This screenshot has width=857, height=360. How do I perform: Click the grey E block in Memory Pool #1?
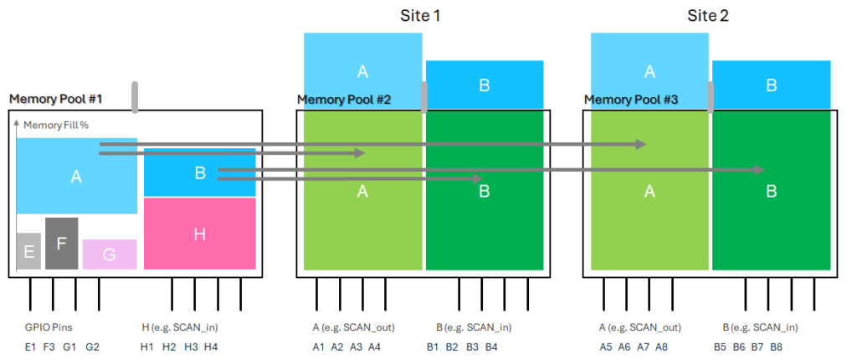[28, 251]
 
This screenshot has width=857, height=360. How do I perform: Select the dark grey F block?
[62, 244]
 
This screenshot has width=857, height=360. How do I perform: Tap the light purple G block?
[109, 255]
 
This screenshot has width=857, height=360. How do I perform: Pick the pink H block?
[199, 234]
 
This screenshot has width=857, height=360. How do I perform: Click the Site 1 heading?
[423, 15]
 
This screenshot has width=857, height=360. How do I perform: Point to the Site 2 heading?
[711, 15]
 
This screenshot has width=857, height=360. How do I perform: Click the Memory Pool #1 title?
[55, 99]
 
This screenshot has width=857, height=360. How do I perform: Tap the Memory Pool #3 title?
[630, 100]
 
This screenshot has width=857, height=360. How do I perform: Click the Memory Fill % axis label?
[56, 125]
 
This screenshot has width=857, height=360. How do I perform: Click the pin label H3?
[192, 347]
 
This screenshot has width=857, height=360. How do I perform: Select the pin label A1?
[319, 347]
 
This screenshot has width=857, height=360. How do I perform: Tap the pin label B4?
[491, 347]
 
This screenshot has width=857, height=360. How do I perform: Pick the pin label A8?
[661, 347]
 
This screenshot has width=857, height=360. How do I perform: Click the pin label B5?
[720, 347]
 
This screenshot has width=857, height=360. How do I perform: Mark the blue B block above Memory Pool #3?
[771, 85]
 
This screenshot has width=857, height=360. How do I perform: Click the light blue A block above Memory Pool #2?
[362, 71]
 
